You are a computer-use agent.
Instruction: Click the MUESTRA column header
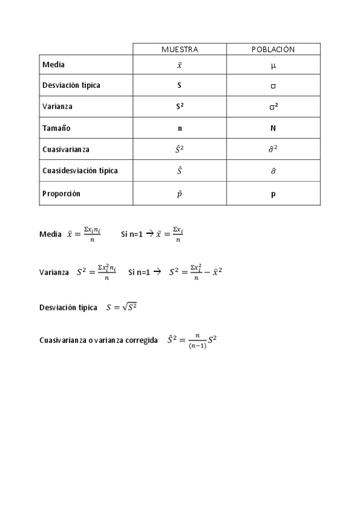point(179,49)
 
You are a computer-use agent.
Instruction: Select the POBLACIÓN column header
point(273,49)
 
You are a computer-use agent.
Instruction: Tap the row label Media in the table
point(53,64)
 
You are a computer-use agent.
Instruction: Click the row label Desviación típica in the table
point(71,85)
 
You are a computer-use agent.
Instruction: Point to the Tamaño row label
point(56,128)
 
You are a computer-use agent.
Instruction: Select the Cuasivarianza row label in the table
point(66,149)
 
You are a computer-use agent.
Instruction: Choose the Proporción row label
point(61,194)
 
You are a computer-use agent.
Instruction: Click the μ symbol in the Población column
point(273,65)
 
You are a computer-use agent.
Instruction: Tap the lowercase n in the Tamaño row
point(179,128)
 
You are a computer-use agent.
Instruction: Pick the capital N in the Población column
point(273,128)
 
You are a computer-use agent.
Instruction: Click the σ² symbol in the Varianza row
point(273,107)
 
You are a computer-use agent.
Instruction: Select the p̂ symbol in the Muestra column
point(179,194)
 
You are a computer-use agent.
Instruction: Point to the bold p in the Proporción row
point(273,194)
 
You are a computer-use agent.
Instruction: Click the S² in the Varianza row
point(179,107)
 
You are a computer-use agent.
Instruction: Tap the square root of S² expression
point(130,307)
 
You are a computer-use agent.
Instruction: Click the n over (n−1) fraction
point(197,342)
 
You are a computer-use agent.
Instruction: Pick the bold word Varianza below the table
point(53,272)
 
